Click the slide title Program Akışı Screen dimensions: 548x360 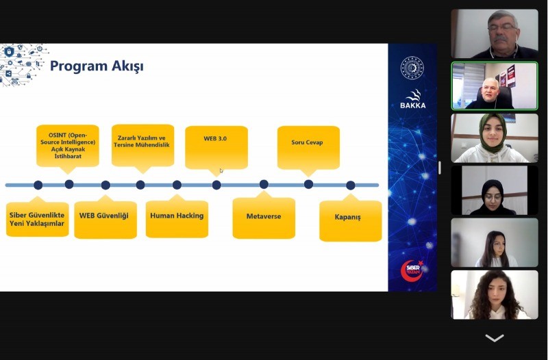(x=97, y=66)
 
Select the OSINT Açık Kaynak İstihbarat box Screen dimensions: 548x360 (x=68, y=146)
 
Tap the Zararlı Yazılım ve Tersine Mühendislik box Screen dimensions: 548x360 (x=142, y=145)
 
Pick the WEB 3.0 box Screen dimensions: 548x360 (x=216, y=147)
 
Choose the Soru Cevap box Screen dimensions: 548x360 (x=308, y=147)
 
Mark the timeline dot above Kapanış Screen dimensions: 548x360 (x=351, y=185)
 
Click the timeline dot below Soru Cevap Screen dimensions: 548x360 (x=308, y=184)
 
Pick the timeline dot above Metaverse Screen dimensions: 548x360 (x=264, y=184)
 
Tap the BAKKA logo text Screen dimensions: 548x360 (x=413, y=105)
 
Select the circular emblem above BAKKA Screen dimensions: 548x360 (x=412, y=68)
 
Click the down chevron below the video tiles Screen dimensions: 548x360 (x=495, y=337)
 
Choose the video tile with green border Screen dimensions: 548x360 (x=495, y=86)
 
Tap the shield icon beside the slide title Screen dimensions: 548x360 (x=9, y=52)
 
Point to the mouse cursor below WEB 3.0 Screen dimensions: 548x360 (x=221, y=170)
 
